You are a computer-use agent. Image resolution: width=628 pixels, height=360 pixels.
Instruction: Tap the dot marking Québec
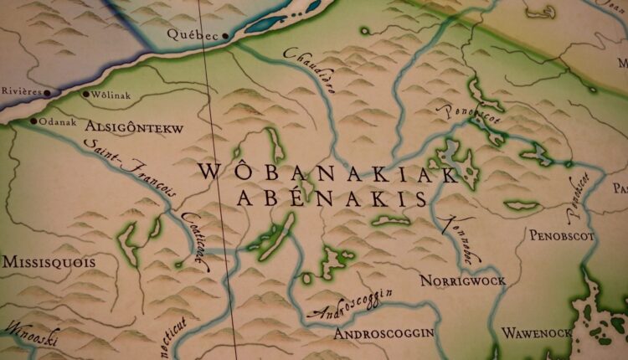click(x=224, y=37)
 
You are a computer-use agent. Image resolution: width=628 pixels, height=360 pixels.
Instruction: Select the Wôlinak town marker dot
click(x=86, y=94)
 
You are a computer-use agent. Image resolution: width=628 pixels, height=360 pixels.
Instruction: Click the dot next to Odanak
click(x=33, y=121)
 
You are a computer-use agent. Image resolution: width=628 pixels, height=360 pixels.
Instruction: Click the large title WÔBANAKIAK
click(x=327, y=173)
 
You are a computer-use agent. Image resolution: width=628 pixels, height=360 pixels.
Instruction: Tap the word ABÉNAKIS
click(x=332, y=198)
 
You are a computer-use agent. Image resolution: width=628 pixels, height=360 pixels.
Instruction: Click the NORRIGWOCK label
click(x=462, y=280)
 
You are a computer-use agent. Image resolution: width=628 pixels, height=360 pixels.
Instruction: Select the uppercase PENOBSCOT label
click(x=561, y=236)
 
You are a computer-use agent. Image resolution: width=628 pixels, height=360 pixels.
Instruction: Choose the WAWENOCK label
click(x=537, y=332)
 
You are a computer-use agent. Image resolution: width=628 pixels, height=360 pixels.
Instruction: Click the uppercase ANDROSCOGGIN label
click(x=383, y=332)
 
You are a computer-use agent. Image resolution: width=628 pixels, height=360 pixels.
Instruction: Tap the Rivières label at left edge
click(x=20, y=93)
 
